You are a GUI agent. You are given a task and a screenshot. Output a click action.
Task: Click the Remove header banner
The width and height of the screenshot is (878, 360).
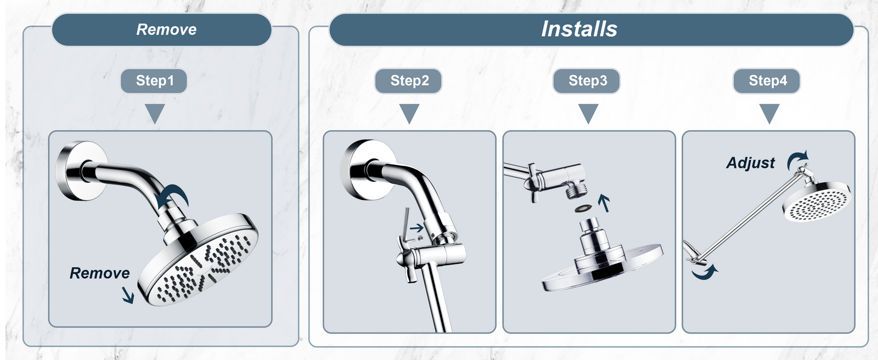coord(161,30)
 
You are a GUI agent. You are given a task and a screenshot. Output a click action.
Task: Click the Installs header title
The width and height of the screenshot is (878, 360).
coord(579,29)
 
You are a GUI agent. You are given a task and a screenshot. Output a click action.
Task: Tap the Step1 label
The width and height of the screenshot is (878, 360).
coord(154,81)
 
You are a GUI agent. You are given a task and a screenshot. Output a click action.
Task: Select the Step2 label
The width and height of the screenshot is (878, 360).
coord(409,81)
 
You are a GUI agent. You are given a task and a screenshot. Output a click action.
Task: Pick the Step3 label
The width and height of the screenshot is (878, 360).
coord(587,81)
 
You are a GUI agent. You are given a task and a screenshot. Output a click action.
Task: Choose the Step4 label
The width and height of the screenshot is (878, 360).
coord(767,81)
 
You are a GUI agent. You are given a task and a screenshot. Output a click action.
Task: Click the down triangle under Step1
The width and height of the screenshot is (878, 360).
coord(155,114)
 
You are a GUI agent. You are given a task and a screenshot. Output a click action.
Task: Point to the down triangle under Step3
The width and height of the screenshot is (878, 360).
coord(588,114)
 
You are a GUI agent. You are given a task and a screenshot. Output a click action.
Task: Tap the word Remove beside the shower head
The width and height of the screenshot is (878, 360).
coord(99,273)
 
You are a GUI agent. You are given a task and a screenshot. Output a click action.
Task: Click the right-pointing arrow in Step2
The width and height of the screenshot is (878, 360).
coord(417,227)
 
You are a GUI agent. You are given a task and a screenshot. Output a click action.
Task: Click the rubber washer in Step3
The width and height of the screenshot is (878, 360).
coord(583,207)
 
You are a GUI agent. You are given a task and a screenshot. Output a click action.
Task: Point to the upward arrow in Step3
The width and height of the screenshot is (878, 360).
coord(604,203)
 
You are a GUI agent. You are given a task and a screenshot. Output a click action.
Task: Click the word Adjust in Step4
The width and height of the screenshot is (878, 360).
coord(751,163)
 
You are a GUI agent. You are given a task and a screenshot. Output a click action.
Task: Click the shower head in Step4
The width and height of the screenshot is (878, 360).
coord(817,201)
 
